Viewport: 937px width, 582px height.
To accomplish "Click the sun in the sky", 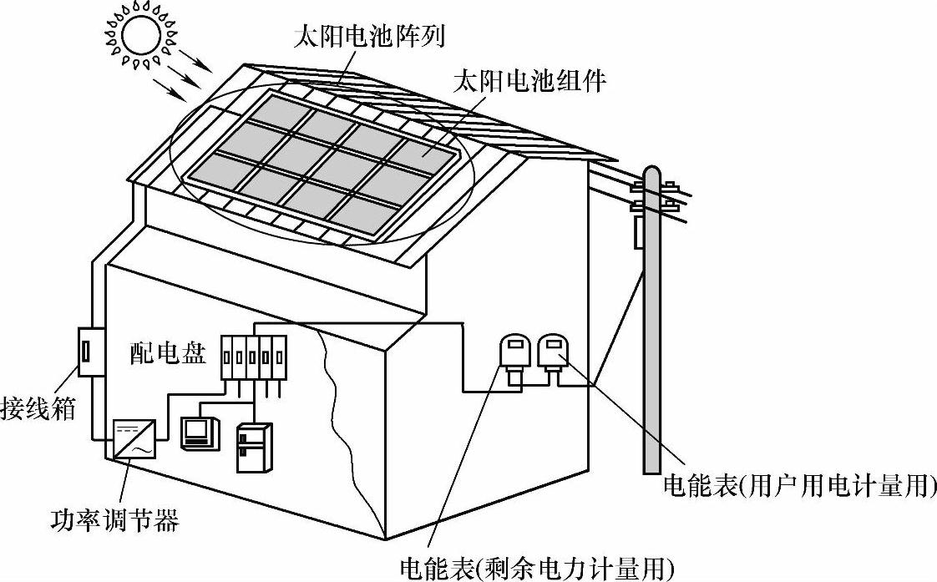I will pos(140,34).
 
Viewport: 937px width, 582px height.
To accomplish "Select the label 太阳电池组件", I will pos(528,82).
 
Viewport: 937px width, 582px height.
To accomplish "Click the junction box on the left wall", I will pos(89,352).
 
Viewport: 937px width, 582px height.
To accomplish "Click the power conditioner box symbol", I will pos(132,438).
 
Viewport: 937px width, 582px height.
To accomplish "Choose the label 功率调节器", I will pos(114,523).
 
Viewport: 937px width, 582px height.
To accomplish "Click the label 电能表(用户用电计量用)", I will pos(798,486).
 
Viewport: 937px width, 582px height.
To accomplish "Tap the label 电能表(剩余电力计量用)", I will pos(536,568).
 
